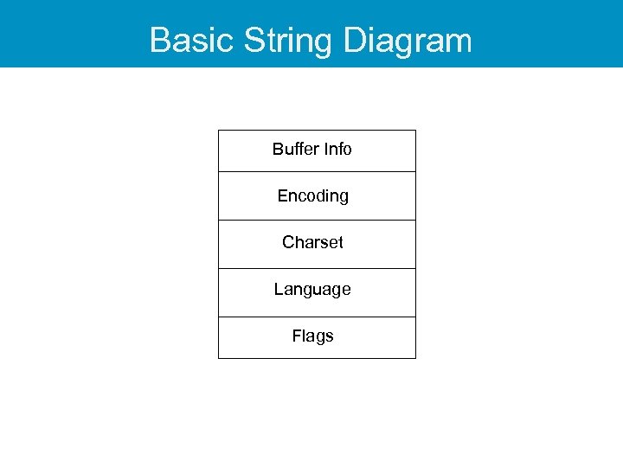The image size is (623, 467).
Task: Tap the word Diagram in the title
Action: click(x=407, y=41)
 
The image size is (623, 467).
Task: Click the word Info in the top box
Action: click(x=337, y=149)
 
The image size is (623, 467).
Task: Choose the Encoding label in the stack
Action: click(x=312, y=196)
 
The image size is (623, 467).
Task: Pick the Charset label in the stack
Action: click(x=312, y=243)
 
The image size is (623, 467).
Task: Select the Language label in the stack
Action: click(x=312, y=290)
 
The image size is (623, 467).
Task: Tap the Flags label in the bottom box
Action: click(x=312, y=336)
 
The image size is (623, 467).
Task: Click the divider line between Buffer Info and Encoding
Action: click(x=317, y=171)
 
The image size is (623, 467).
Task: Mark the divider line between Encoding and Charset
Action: click(x=317, y=220)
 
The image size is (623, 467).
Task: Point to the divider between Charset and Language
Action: click(x=317, y=268)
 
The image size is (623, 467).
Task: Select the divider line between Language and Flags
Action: click(x=317, y=317)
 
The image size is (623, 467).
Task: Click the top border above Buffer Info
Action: click(x=317, y=131)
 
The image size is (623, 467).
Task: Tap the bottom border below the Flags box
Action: click(x=317, y=358)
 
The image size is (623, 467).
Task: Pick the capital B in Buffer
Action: click(x=278, y=149)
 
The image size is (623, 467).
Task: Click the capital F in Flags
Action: click(x=297, y=336)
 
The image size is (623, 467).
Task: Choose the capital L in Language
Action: click(x=279, y=290)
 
